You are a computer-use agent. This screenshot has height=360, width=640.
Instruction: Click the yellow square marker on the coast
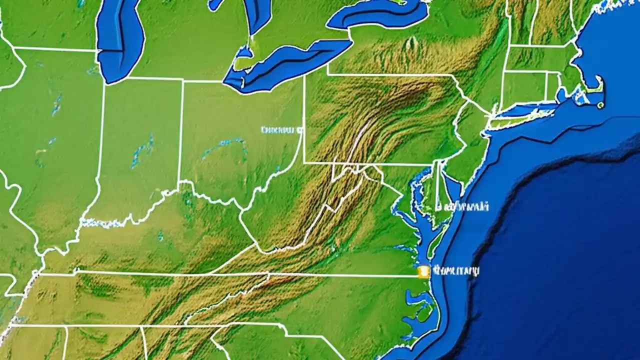(423, 271)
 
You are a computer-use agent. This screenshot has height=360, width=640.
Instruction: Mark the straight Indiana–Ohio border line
(181, 130)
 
